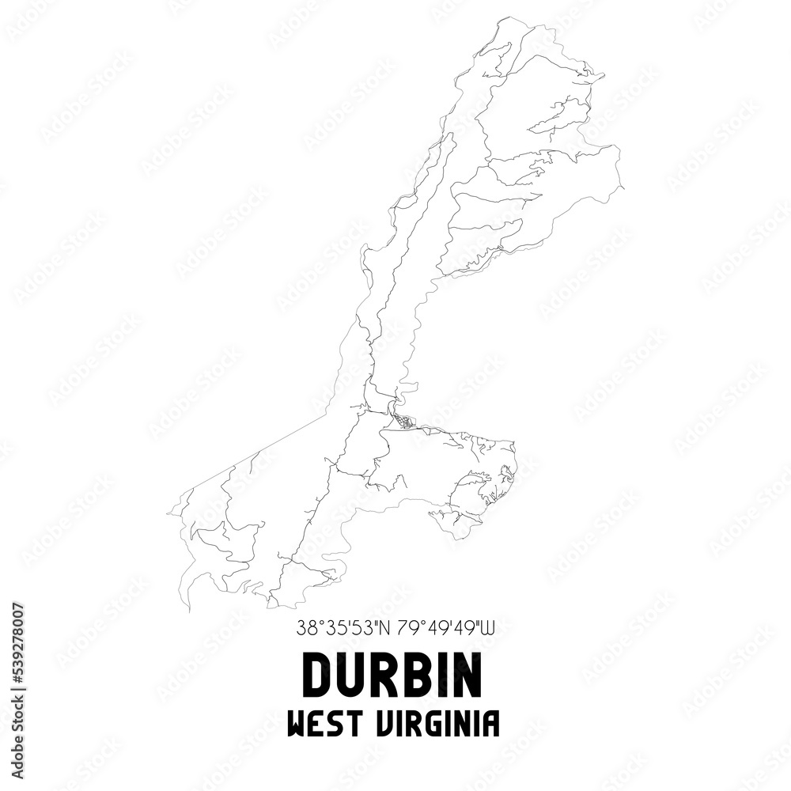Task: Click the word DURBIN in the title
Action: point(392,676)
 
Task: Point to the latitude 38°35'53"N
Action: point(345,630)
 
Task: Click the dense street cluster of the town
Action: point(403,422)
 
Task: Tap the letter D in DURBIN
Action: point(316,676)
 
